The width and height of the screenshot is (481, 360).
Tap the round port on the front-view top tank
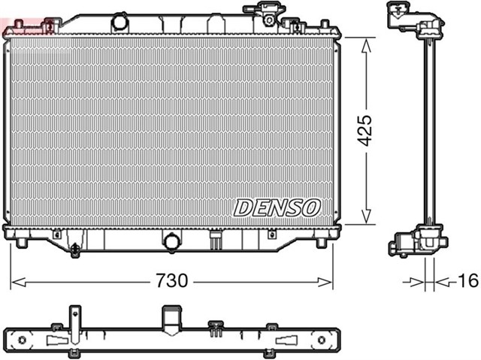[119, 21]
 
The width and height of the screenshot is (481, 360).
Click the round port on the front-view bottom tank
[172, 242]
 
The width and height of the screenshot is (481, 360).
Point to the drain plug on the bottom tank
[75, 249]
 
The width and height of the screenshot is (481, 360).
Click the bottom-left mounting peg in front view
[23, 243]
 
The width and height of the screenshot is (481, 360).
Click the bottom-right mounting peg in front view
[321, 243]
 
